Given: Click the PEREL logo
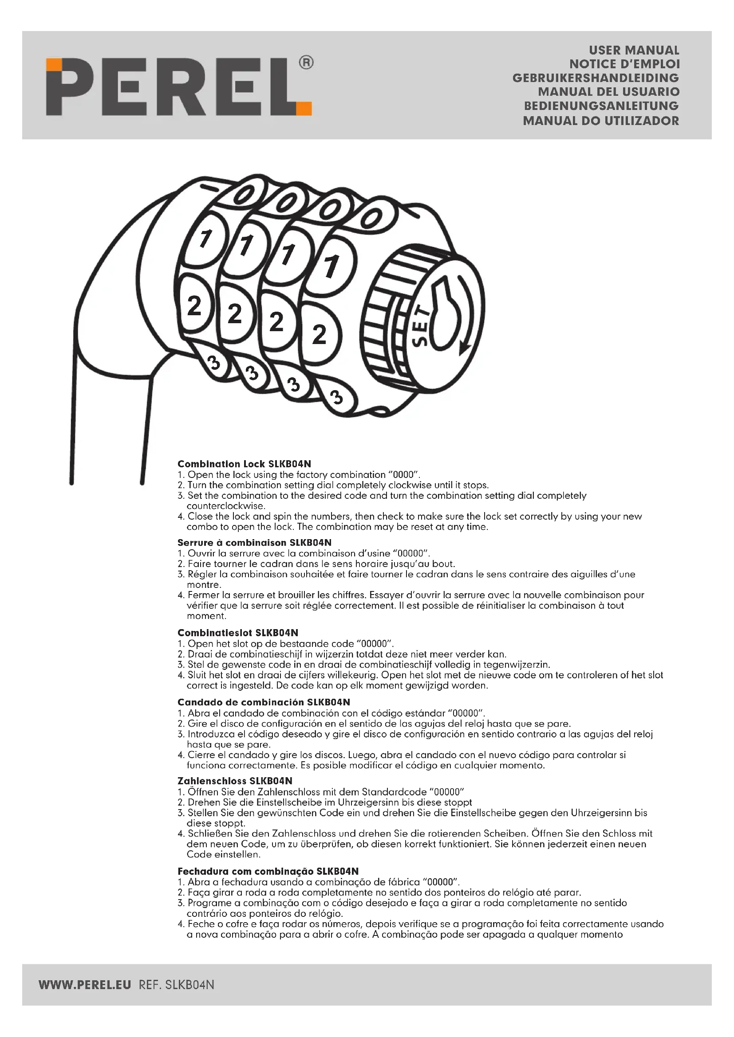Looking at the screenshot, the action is pyautogui.click(x=178, y=86).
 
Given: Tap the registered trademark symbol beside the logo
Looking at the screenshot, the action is pyautogui.click(x=306, y=63).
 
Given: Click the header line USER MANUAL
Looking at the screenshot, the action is pyautogui.click(x=634, y=50).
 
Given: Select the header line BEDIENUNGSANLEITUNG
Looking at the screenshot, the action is pyautogui.click(x=601, y=106).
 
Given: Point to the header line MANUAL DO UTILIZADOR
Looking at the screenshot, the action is pyautogui.click(x=601, y=121).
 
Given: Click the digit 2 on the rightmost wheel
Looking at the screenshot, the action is pyautogui.click(x=319, y=334).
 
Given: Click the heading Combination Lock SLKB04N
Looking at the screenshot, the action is pyautogui.click(x=244, y=464).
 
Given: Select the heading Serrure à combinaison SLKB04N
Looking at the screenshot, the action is pyautogui.click(x=254, y=542).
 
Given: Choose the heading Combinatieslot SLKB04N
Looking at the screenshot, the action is pyautogui.click(x=238, y=633).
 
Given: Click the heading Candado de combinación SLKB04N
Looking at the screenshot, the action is pyautogui.click(x=264, y=702).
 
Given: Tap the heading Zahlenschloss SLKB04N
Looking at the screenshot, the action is pyautogui.click(x=235, y=781).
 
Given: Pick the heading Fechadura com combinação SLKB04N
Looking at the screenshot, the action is pyautogui.click(x=268, y=871).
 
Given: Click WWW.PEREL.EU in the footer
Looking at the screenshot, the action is pyautogui.click(x=85, y=985).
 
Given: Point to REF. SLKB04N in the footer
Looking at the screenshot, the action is pyautogui.click(x=176, y=985).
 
